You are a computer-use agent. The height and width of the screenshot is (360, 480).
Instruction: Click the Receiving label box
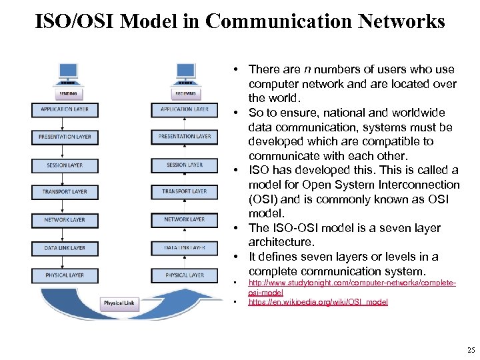185,94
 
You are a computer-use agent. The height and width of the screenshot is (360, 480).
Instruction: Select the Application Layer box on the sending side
65,109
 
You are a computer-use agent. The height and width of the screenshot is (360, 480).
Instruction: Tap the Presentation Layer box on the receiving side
185,137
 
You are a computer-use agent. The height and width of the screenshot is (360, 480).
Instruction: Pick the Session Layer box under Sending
65,165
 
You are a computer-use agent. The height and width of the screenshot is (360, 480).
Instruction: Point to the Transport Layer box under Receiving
185,192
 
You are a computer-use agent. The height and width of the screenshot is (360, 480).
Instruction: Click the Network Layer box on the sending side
65,219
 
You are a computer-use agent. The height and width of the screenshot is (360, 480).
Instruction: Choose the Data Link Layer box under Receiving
185,247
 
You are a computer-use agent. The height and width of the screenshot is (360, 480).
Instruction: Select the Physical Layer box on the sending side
65,275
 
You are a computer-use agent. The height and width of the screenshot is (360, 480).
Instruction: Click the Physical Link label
119,303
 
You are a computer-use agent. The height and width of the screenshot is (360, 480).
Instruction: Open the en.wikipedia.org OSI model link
317,302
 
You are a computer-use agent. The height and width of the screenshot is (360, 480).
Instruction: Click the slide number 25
471,350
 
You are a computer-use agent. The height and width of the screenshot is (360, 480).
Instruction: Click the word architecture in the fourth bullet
280,242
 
